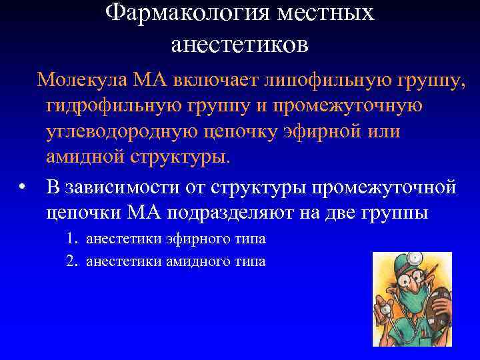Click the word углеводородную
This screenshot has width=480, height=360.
119,131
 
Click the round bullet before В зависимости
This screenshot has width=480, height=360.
23,186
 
